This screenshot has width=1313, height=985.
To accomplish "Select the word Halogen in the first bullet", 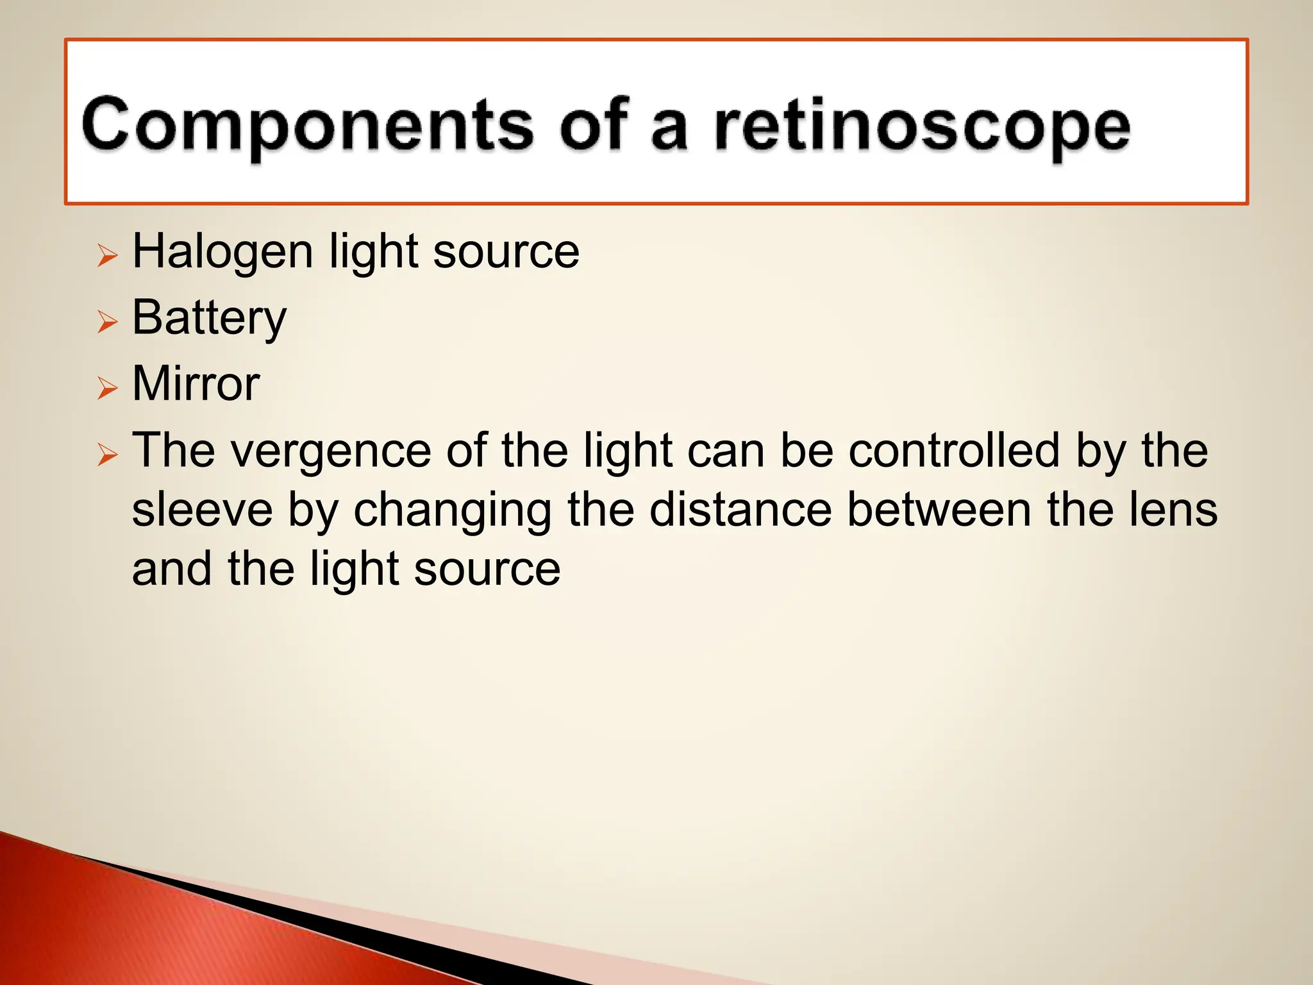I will pos(222,252).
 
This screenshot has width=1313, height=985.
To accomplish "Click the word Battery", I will pos(209,318).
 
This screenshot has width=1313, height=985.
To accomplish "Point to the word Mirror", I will pos(196,384).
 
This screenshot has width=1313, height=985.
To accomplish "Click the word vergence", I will pos(331,451).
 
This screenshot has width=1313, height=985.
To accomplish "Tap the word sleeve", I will pos(202,510).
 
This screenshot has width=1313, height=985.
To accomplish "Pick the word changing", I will pos(453,510).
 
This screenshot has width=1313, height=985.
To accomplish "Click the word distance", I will pos(740,510).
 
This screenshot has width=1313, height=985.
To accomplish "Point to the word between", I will pos(939,510).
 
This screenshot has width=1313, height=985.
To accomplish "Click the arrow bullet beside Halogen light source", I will pos(108,255).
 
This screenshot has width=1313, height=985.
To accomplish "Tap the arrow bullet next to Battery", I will pos(108,321).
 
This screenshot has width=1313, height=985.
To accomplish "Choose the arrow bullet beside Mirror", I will pos(108,387).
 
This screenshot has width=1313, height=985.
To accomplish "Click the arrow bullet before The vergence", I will pos(108,454).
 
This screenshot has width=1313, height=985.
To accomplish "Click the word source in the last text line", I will pos(487,570).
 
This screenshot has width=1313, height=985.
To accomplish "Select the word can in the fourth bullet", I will pos(726,451).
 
